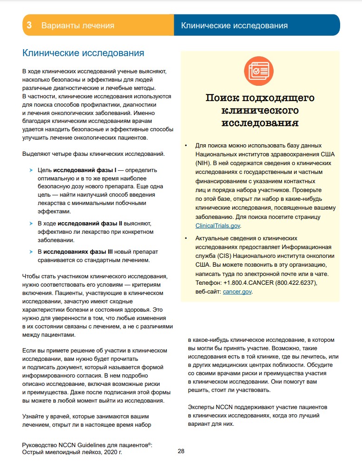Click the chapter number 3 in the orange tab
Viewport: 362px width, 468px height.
click(x=29, y=26)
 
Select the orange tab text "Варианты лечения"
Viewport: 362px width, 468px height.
click(x=78, y=26)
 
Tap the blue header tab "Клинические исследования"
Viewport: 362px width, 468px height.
click(x=234, y=26)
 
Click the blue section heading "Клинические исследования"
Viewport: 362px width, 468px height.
click(x=83, y=53)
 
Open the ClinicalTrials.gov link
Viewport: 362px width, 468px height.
click(x=218, y=225)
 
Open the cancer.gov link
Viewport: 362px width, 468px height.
click(x=237, y=292)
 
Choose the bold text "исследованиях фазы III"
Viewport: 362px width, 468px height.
click(x=79, y=251)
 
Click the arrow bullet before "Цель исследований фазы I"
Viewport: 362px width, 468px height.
click(x=31, y=170)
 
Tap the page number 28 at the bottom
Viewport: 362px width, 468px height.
click(x=181, y=450)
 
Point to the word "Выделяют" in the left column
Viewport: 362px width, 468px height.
click(x=35, y=154)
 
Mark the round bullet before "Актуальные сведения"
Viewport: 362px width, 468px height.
click(x=185, y=238)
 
